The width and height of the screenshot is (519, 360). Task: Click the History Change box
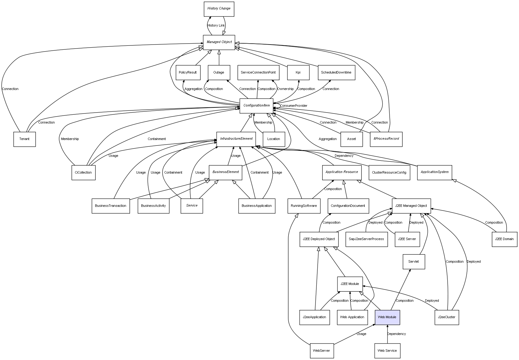(219, 9)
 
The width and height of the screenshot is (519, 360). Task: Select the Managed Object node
(219, 42)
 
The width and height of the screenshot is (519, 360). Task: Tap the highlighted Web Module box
(387, 317)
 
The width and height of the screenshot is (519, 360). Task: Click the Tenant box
(24, 139)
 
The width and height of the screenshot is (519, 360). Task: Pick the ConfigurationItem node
(256, 106)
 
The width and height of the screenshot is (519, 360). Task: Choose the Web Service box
(387, 351)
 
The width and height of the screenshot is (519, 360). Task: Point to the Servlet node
(413, 262)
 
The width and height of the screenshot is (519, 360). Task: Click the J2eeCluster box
(446, 317)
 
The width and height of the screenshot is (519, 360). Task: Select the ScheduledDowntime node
(336, 73)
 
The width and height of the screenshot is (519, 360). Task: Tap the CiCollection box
(83, 173)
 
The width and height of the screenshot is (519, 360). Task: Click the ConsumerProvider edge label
(294, 106)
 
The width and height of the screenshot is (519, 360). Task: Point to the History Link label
(216, 26)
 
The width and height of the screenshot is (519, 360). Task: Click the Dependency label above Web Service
(396, 334)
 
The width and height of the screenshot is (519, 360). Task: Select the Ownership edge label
(285, 89)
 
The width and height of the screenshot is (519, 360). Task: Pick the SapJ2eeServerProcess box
(366, 239)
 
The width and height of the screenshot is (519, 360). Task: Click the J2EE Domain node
(504, 239)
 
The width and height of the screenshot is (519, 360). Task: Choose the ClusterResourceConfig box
(389, 173)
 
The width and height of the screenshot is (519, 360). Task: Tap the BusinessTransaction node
(110, 206)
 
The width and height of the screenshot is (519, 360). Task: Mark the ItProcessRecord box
(386, 139)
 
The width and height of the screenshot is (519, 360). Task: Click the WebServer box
(321, 351)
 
